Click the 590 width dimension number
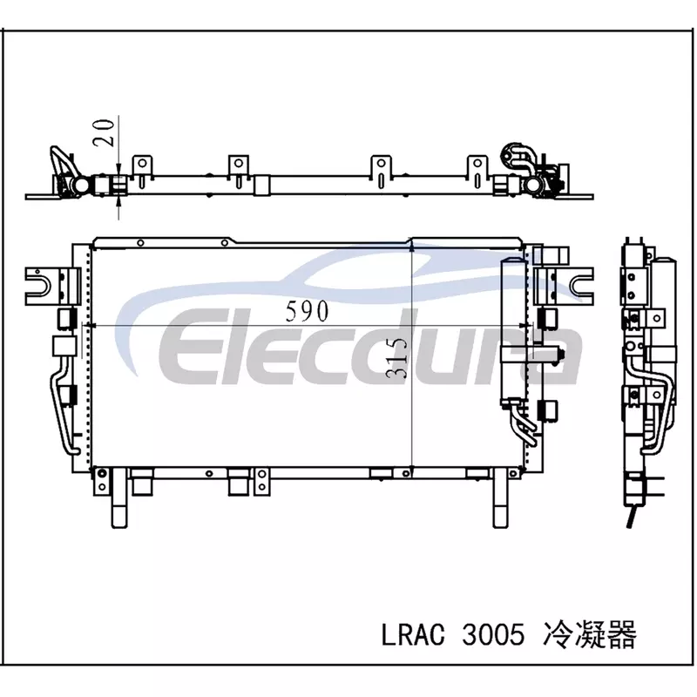click(x=307, y=311)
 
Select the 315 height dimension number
click(x=396, y=357)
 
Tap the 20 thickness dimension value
click(x=104, y=132)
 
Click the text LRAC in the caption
click(x=413, y=634)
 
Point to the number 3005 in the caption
click(x=493, y=634)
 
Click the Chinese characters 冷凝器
click(x=590, y=634)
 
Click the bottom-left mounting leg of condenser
click(x=119, y=497)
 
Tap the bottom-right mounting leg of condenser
click(x=500, y=498)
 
